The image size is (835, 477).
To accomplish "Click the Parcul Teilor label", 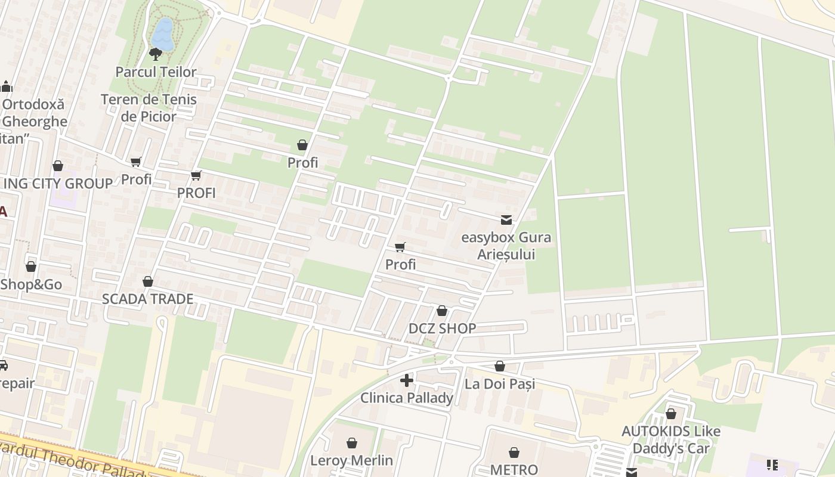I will [156, 72].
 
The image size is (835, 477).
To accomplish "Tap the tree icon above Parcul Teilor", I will [156, 54].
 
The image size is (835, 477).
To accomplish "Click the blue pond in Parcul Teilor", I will [162, 35].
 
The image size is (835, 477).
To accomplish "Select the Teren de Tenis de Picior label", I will [149, 108].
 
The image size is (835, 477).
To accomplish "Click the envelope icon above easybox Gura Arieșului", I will [506, 220].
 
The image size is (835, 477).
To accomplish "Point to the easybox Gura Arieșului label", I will [506, 246].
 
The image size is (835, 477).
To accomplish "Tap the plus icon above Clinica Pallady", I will [407, 380].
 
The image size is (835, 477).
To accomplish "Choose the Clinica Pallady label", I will [407, 398].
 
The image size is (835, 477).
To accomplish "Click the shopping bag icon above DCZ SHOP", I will [442, 311].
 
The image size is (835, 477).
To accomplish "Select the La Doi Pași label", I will [500, 384].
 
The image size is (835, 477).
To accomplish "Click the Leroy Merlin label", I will [351, 460].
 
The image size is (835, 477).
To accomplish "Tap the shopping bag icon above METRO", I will [514, 453].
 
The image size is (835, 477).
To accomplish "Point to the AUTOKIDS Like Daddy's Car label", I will [671, 439].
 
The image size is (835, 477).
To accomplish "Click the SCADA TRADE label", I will [147, 299].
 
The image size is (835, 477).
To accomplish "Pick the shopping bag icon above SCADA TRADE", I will [148, 281].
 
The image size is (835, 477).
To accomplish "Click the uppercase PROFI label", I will [196, 193].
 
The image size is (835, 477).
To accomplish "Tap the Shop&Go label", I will [31, 284].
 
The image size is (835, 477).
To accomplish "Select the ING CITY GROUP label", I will [58, 184].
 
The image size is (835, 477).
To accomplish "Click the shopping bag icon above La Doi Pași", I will [500, 366].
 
